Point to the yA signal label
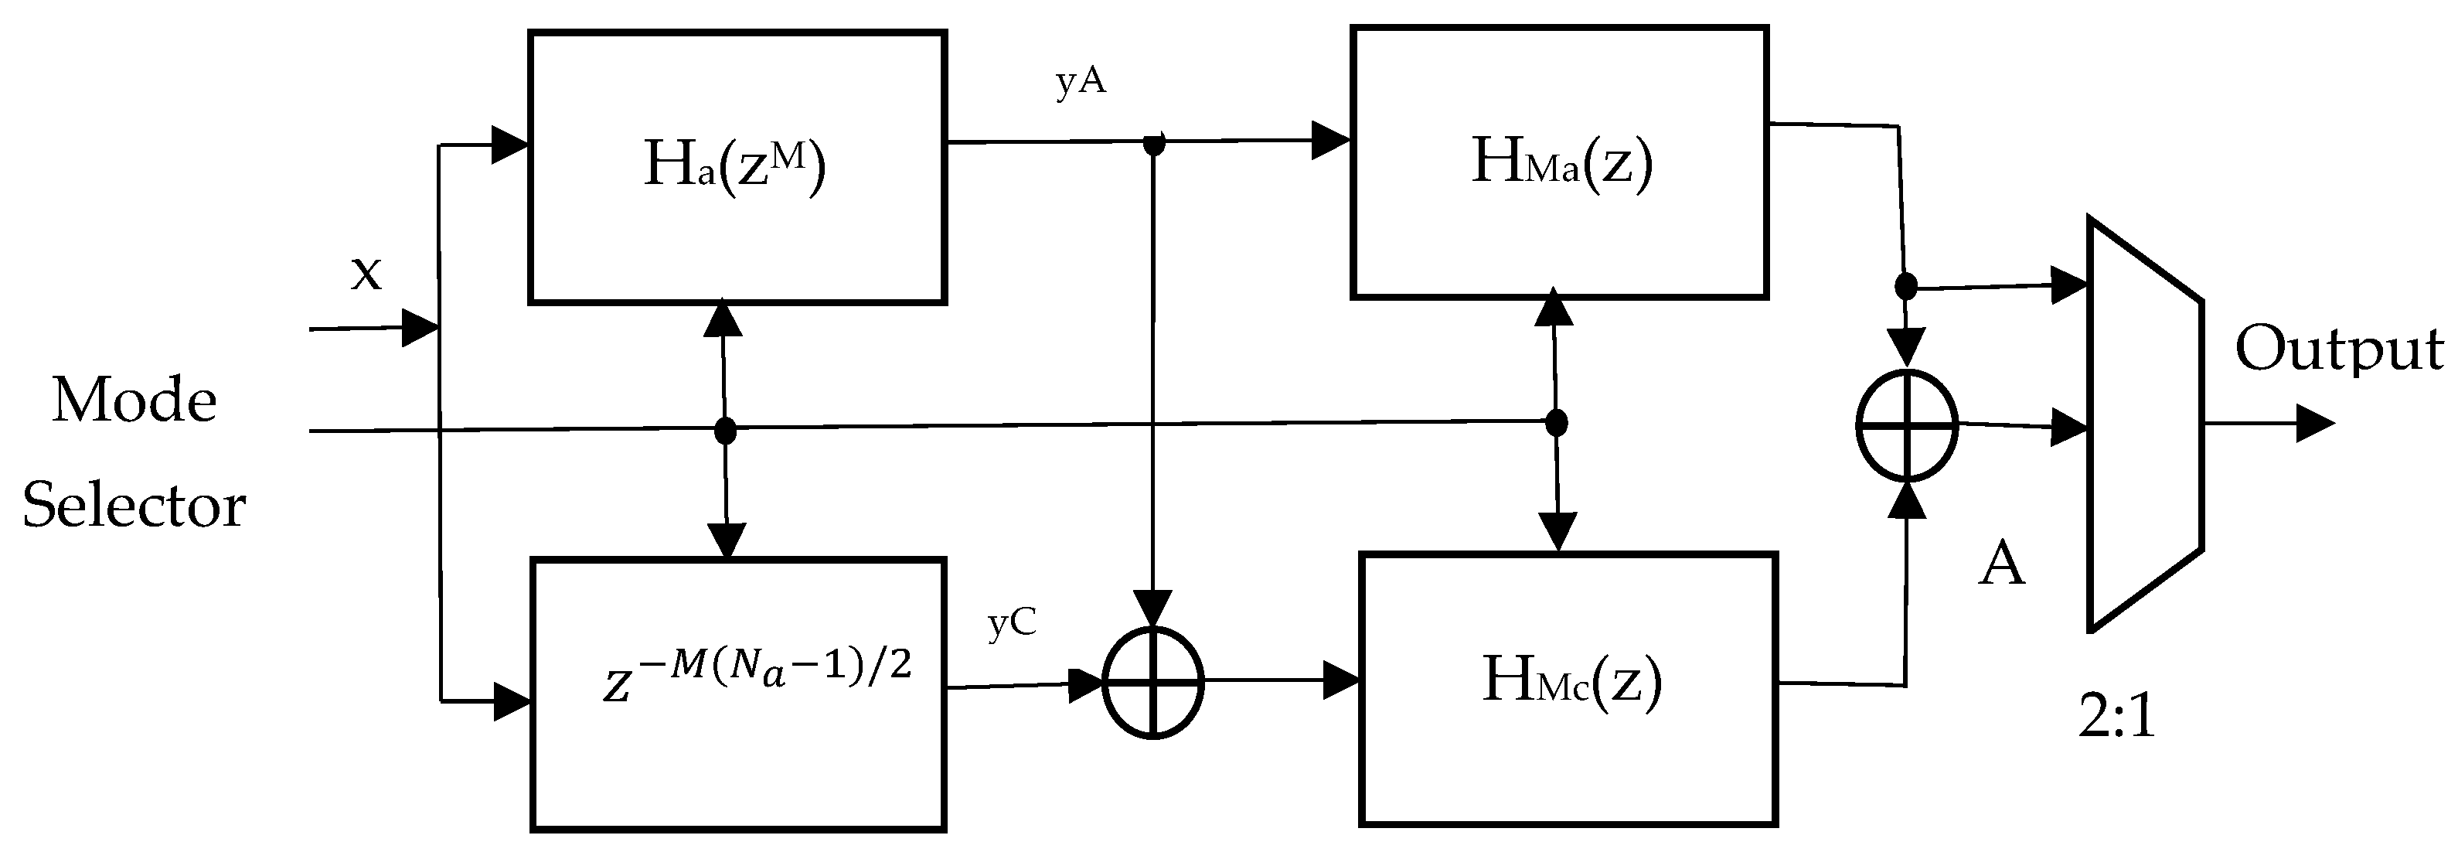tap(1081, 82)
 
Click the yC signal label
tap(1012, 623)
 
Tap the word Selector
tap(134, 505)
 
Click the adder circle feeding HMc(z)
tap(1152, 683)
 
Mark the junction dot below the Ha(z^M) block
tap(725, 431)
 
